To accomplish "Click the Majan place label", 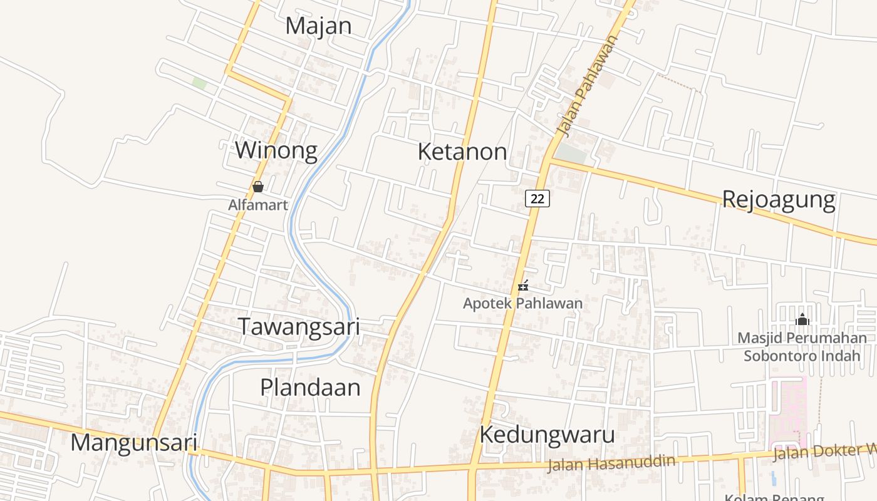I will point(318,26).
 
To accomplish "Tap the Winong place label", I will point(276,151).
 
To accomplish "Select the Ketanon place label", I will point(462,152).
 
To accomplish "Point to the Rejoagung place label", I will point(779,200).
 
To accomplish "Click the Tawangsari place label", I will point(299,327).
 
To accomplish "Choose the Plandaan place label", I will point(310,387).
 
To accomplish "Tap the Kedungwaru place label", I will point(547,435).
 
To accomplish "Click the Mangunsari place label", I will point(133,442).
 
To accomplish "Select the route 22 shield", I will point(537,199).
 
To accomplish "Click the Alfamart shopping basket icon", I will point(257,187).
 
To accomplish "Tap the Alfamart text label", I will point(257,205).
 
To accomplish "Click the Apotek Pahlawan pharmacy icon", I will point(523,286).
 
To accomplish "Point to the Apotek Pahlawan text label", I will point(522,304).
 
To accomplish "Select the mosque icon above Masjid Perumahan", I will point(802,320).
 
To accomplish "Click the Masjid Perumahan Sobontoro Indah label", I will point(802,347).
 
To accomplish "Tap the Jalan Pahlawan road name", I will point(587,86).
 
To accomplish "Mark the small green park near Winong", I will point(199,83).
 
